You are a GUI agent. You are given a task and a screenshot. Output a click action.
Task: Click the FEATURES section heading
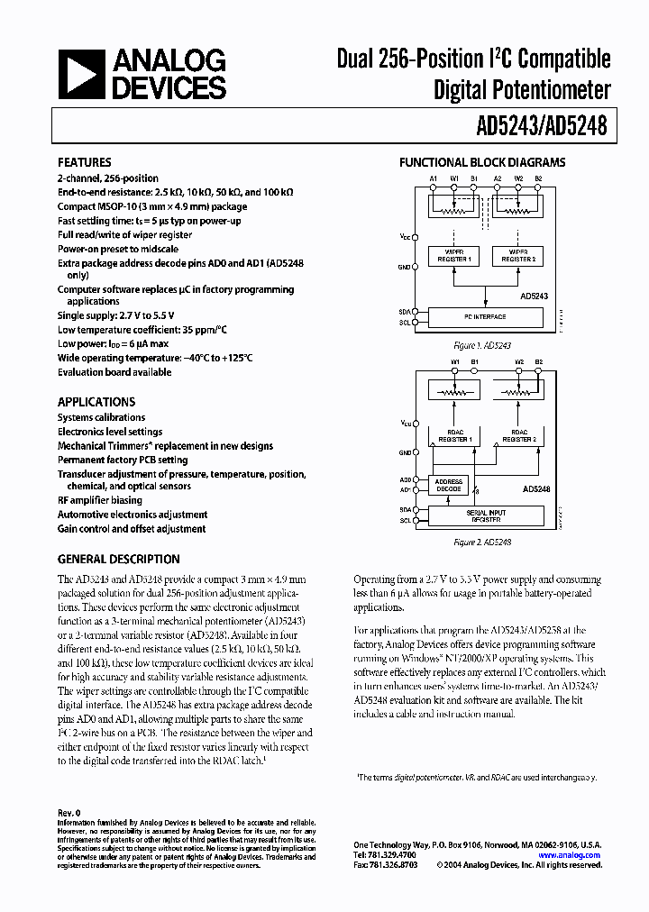click(85, 163)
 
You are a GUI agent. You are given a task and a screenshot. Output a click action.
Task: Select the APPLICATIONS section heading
click(96, 402)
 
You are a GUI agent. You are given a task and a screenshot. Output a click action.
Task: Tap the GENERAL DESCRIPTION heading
click(119, 559)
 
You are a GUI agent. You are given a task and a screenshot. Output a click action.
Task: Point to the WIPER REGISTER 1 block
click(453, 255)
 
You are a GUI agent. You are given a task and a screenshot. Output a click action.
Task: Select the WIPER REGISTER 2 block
click(517, 255)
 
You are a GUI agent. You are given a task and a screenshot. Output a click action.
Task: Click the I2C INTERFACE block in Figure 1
click(485, 317)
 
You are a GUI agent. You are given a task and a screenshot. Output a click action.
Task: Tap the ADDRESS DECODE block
click(449, 485)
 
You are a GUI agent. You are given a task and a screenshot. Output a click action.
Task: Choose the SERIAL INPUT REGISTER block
click(486, 515)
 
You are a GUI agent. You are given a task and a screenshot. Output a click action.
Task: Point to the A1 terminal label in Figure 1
click(433, 179)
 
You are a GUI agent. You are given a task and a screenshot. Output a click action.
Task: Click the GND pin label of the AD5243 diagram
click(404, 267)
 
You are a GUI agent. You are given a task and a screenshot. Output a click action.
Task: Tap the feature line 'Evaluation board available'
click(114, 372)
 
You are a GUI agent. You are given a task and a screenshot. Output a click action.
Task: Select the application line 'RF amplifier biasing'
click(100, 500)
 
